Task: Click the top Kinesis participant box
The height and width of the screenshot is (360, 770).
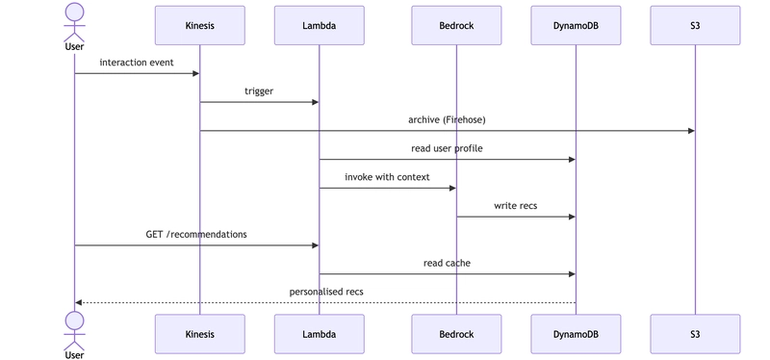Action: (200, 26)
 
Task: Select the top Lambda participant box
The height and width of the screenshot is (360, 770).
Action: (320, 26)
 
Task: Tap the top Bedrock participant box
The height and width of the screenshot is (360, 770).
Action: (456, 26)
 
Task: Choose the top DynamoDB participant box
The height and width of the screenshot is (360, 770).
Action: (576, 26)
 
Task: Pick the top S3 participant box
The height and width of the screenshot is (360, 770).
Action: (695, 26)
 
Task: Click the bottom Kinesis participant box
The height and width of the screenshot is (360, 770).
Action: (200, 334)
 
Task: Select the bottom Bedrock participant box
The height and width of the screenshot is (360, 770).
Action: (456, 334)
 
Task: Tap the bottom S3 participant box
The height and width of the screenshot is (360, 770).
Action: (695, 334)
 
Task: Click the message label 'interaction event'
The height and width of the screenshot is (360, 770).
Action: (137, 63)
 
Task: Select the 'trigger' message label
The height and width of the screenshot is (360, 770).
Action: (259, 91)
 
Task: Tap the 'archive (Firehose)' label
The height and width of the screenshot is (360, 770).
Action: (447, 119)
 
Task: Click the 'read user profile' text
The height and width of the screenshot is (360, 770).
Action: (447, 148)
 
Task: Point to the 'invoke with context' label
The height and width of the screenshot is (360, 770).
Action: (387, 177)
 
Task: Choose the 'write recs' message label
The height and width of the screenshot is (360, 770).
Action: (516, 205)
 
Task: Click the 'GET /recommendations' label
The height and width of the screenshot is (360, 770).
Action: (196, 234)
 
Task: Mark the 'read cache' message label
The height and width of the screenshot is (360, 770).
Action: (447, 263)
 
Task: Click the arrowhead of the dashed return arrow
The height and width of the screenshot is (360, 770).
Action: (78, 302)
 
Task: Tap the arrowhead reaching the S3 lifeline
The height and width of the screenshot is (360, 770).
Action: (691, 131)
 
